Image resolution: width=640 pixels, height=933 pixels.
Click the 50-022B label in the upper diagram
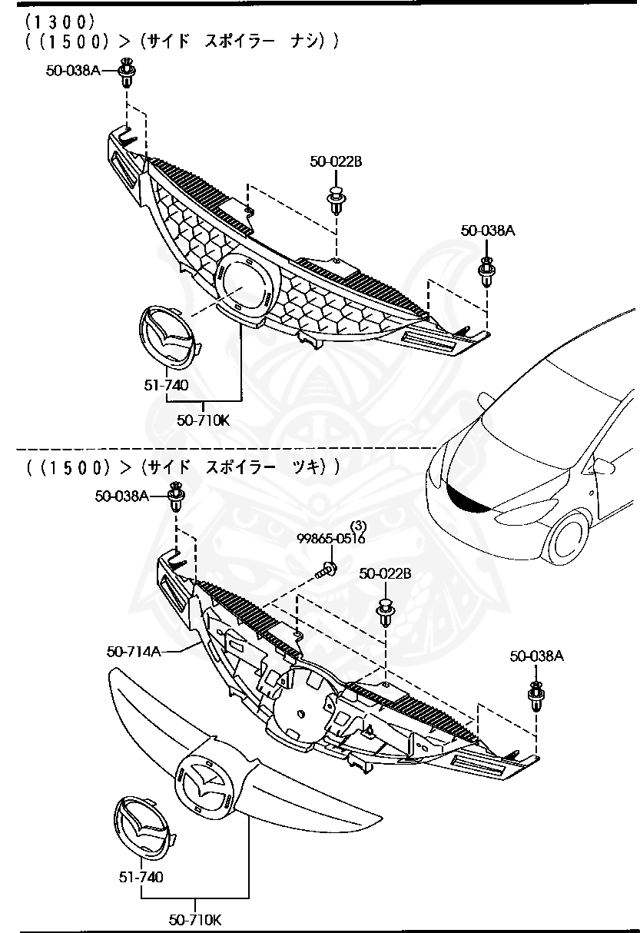pyautogui.click(x=336, y=161)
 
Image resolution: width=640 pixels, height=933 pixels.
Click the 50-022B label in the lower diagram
pyautogui.click(x=385, y=573)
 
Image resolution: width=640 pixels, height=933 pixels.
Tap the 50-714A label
pyautogui.click(x=133, y=652)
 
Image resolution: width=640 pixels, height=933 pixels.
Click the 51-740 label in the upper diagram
pyautogui.click(x=165, y=385)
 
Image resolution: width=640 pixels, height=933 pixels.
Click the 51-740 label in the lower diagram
pyautogui.click(x=141, y=876)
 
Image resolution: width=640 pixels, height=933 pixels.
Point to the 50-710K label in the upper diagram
pyautogui.click(x=203, y=420)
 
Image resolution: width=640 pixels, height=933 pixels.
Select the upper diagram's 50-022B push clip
pyautogui.click(x=336, y=200)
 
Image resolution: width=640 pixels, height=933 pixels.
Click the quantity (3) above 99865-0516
pyautogui.click(x=359, y=526)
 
